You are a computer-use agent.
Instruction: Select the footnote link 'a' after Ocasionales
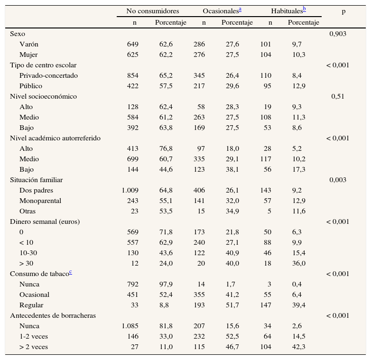pyautogui.click(x=240, y=9)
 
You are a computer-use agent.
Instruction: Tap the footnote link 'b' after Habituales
pyautogui.click(x=304, y=9)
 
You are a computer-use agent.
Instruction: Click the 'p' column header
pyautogui.click(x=343, y=11)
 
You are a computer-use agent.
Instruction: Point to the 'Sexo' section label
pyautogui.click(x=18, y=34)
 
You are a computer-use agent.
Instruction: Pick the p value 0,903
pyautogui.click(x=338, y=34)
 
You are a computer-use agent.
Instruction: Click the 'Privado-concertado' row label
pyautogui.click(x=48, y=75)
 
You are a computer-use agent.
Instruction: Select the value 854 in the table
pyautogui.click(x=132, y=75)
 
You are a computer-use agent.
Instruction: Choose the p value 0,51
pyautogui.click(x=338, y=96)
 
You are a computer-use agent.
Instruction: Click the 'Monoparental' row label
pyautogui.click(x=40, y=201)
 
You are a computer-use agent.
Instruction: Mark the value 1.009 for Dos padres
pyautogui.click(x=130, y=190)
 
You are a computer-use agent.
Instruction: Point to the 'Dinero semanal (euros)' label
pyautogui.click(x=45, y=222)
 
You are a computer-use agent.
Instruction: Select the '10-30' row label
pyautogui.click(x=28, y=253)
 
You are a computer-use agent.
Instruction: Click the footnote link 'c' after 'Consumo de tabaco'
pyautogui.click(x=70, y=272)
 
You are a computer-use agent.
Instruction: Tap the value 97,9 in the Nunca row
pyautogui.click(x=166, y=284)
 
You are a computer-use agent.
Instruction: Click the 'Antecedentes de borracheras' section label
pyautogui.click(x=53, y=315)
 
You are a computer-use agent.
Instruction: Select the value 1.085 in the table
pyautogui.click(x=130, y=326)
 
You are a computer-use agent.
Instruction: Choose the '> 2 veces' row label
pyautogui.click(x=34, y=347)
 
